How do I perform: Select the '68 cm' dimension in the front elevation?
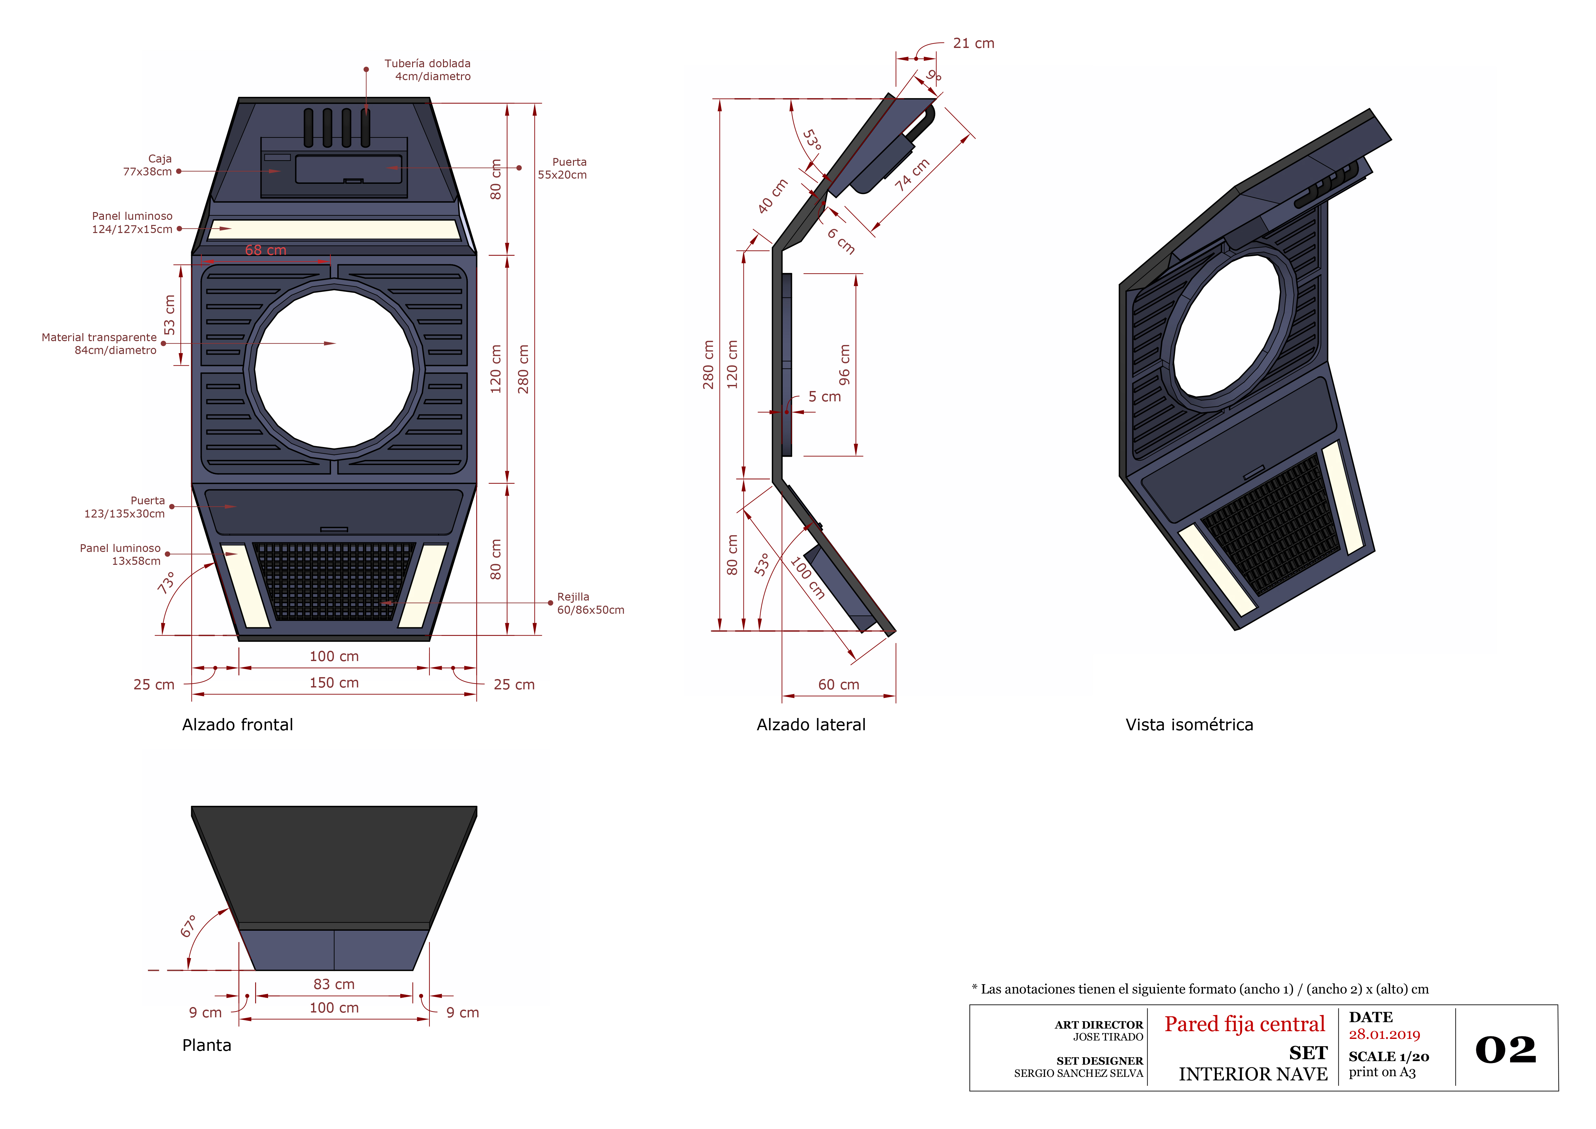coord(265,250)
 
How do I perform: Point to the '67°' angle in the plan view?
coord(189,926)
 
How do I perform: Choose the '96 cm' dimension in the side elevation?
coord(844,365)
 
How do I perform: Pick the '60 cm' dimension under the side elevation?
coord(838,685)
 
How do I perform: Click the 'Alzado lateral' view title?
coord(811,725)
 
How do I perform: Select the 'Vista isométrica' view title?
coord(1189,725)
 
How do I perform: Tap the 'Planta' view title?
coord(207,1046)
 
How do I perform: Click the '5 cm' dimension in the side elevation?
coord(825,397)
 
